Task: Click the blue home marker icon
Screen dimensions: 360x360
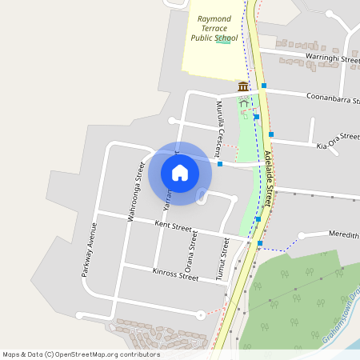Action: pyautogui.click(x=180, y=172)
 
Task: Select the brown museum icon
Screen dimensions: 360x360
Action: pyautogui.click(x=242, y=86)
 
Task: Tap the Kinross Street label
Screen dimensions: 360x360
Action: pyautogui.click(x=174, y=274)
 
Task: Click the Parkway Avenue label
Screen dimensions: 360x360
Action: pyautogui.click(x=89, y=249)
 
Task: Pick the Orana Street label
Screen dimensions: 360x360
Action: pyautogui.click(x=190, y=250)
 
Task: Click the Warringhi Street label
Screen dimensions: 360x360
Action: pyautogui.click(x=332, y=58)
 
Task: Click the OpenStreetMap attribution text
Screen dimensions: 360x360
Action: pyautogui.click(x=81, y=354)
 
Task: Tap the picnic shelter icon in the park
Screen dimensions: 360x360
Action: pyautogui.click(x=244, y=103)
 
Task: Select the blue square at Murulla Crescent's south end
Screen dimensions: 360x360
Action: pyautogui.click(x=220, y=164)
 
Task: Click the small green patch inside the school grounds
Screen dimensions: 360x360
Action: pyautogui.click(x=222, y=40)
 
